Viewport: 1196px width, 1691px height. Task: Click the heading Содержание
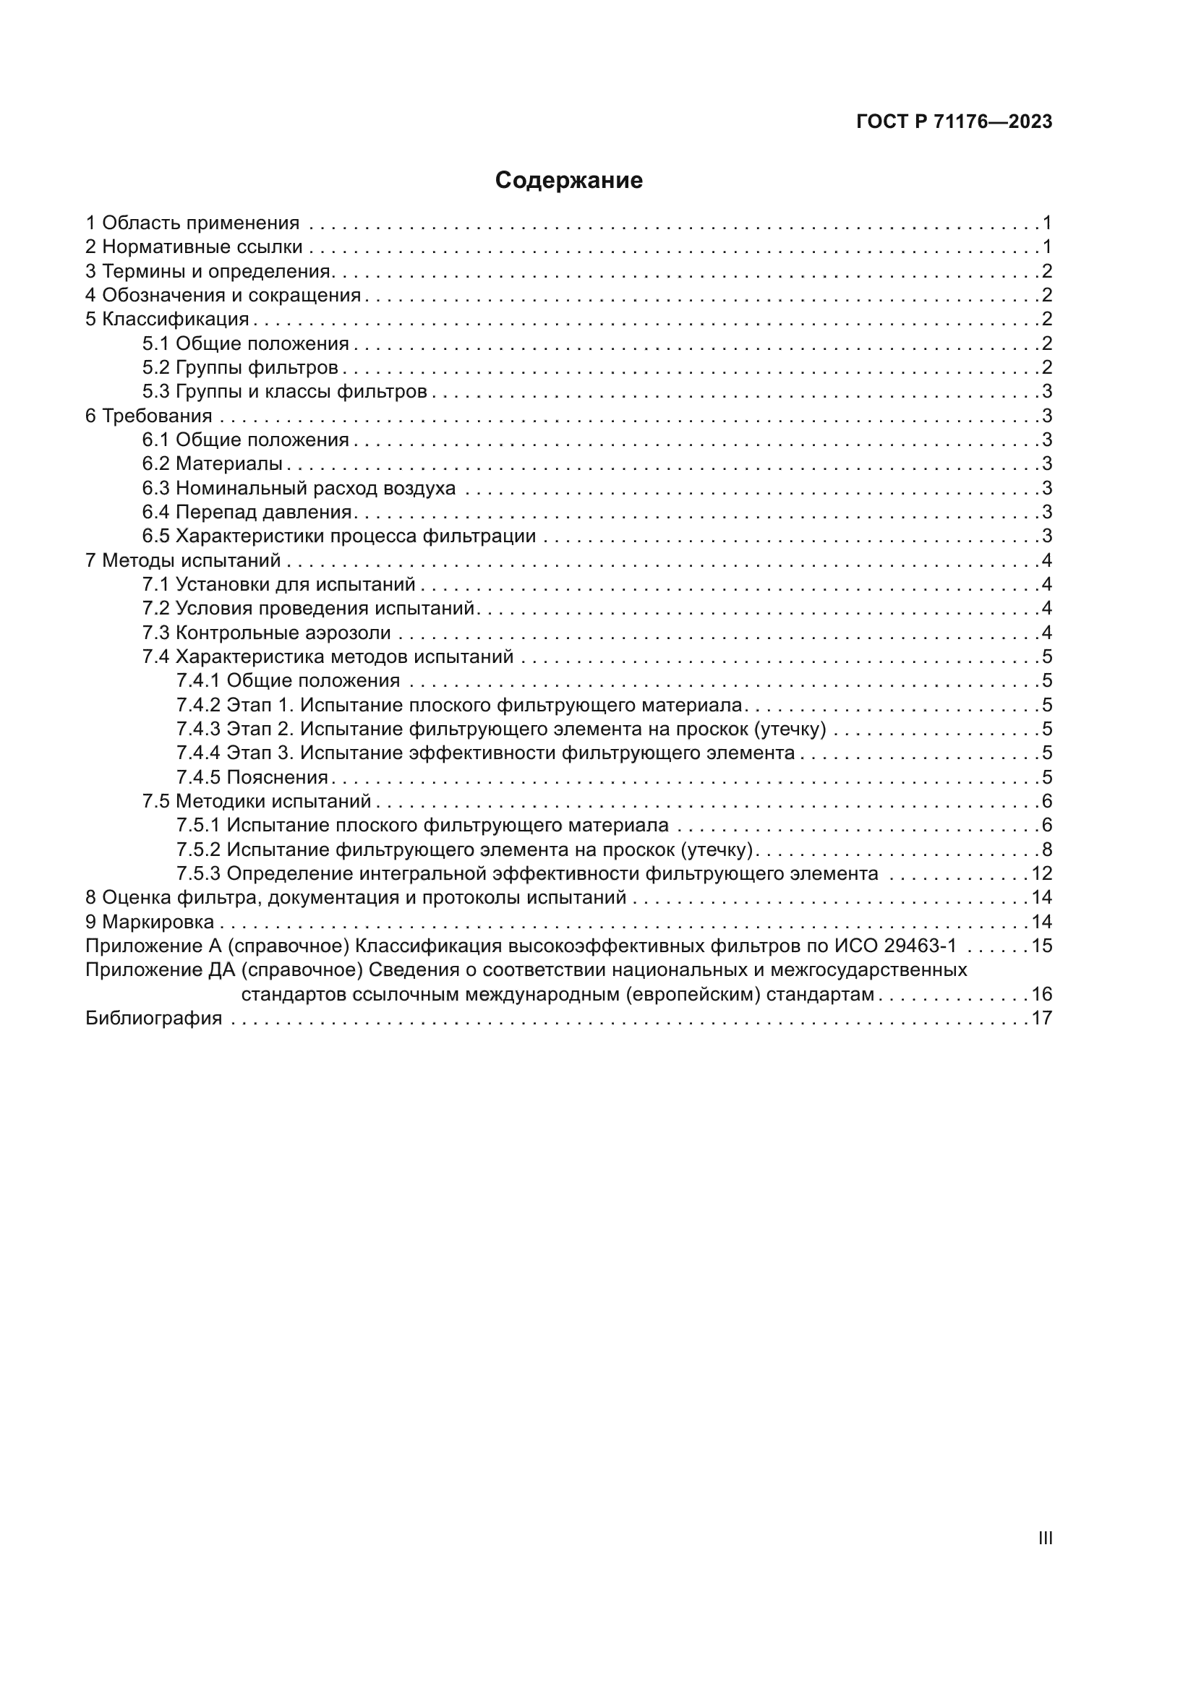coord(568,181)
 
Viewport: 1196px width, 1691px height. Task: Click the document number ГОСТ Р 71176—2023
coord(954,122)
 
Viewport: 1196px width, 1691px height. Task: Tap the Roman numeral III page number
coord(1044,1538)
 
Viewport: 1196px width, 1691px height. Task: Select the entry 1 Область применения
coord(192,223)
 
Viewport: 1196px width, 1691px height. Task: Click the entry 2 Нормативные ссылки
coord(194,247)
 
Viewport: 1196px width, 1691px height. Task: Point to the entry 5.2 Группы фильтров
coord(240,367)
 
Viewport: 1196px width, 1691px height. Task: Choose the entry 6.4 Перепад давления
coord(247,512)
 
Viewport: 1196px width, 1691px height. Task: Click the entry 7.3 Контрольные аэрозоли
coord(266,633)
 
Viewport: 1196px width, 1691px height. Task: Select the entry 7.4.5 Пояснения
coord(252,778)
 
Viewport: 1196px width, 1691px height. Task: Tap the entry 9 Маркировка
coord(150,922)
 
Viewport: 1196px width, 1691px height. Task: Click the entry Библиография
coord(153,1019)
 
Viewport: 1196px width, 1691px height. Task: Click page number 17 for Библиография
coord(1041,1019)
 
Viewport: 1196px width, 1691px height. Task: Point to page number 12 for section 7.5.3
coord(1041,874)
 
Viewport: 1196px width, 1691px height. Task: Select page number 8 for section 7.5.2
coord(1046,850)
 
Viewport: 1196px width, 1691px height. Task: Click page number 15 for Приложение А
coord(1041,946)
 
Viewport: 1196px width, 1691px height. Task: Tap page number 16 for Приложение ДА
coord(1041,995)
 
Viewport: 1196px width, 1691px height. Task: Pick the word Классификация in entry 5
coord(175,320)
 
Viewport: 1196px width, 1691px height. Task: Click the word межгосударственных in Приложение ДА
coord(868,970)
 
